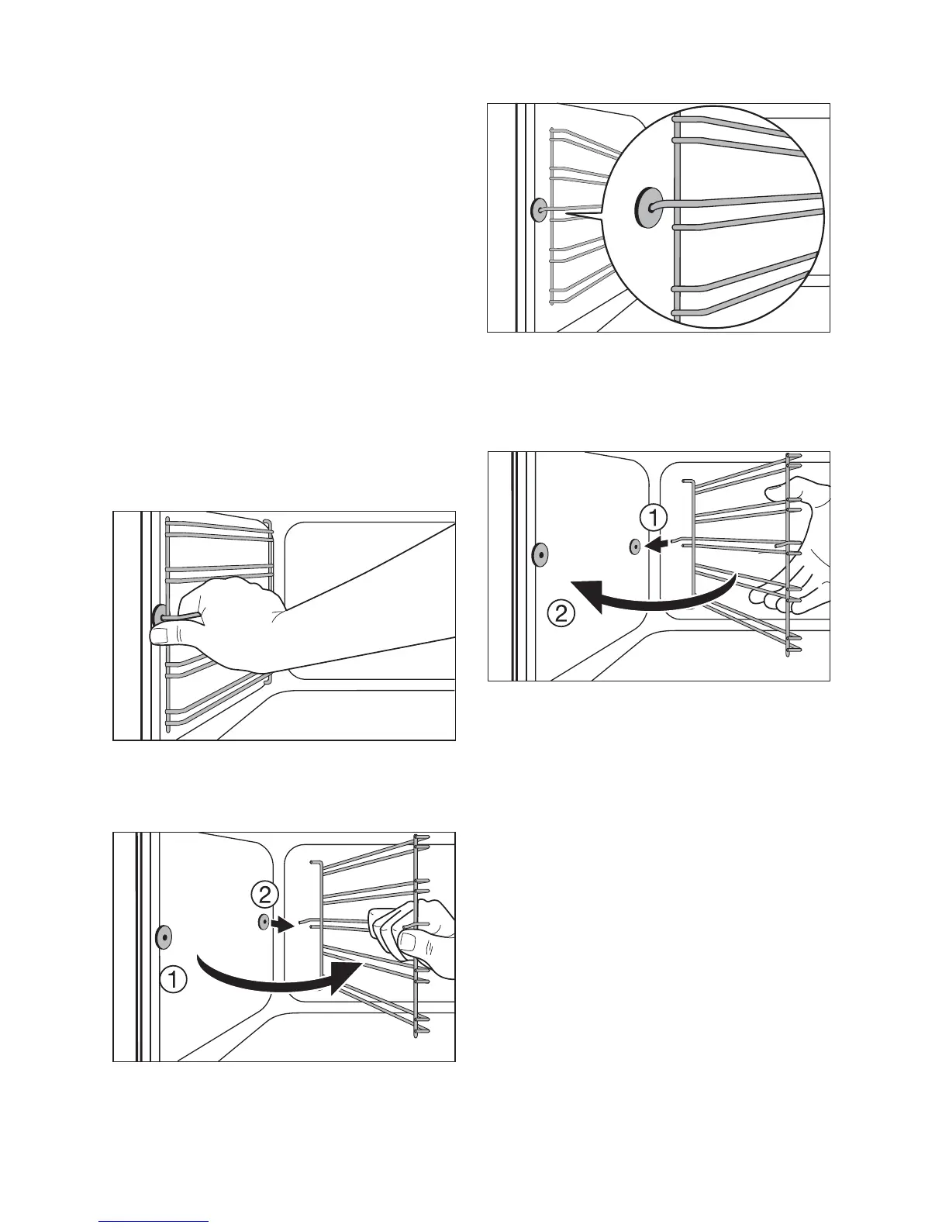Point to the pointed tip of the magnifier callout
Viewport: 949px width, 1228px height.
(568, 212)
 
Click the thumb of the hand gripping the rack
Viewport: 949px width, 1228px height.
(165, 636)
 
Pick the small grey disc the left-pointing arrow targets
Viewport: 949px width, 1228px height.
(635, 547)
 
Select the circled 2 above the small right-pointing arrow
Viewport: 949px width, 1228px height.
(264, 895)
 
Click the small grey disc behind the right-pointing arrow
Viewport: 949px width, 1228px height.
(264, 922)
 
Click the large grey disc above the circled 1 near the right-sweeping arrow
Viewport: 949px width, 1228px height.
(164, 937)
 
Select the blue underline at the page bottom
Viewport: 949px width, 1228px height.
(154, 1222)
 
